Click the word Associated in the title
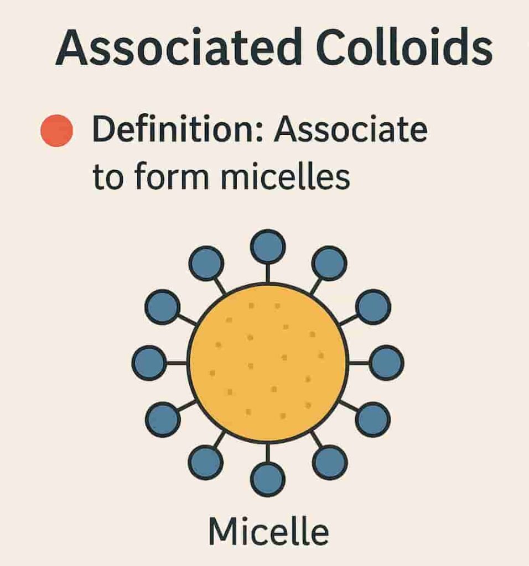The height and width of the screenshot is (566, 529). point(179,48)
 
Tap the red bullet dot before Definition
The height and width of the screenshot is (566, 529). point(57,130)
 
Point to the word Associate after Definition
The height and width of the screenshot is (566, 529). point(351,129)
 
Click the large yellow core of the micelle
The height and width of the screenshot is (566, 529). point(268,362)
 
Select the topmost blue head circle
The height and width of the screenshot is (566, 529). point(268,247)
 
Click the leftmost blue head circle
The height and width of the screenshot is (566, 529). point(149,363)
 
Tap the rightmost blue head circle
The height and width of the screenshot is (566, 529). point(386,363)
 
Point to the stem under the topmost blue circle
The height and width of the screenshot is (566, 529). point(268,273)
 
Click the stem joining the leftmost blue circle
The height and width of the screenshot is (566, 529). point(177,363)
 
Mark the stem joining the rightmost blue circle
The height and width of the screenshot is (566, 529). point(359,363)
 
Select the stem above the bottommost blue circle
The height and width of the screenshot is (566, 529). point(268,453)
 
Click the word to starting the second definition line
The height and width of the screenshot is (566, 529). point(108,179)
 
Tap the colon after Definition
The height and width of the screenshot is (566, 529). point(261,132)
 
